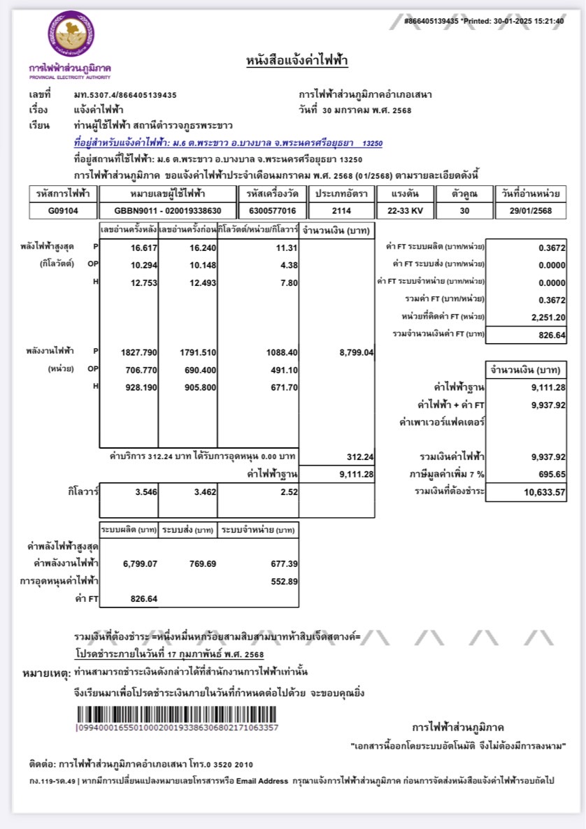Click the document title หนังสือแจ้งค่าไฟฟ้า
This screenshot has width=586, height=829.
point(297,61)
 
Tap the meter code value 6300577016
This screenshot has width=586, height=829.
point(271,210)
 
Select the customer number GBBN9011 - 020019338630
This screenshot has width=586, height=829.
point(168,210)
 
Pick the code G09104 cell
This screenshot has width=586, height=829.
point(63,210)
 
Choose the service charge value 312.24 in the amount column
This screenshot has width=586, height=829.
point(361,457)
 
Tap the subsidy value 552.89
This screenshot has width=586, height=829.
point(284,581)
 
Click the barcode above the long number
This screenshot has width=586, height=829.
point(178,714)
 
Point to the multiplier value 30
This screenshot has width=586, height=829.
point(465,210)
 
